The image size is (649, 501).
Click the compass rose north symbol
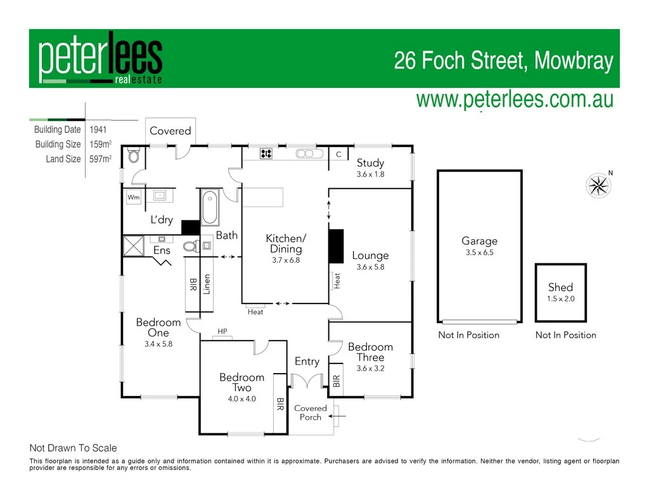(x=598, y=186)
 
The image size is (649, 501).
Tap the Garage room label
(x=479, y=241)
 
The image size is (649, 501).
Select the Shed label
(x=560, y=287)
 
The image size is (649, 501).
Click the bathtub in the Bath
(x=210, y=207)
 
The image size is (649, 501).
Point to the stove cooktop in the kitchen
(x=266, y=153)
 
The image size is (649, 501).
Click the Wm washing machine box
(x=134, y=198)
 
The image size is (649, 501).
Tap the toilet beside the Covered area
(x=134, y=155)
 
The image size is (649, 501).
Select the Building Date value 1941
(x=98, y=130)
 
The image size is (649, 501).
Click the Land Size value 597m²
(x=100, y=159)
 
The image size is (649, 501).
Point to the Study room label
(x=370, y=163)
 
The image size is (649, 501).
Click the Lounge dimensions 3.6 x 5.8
(x=370, y=267)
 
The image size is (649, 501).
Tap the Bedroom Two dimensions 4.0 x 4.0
(x=241, y=399)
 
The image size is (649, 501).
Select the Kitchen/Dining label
(x=285, y=243)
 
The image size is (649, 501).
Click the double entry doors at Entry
(x=307, y=380)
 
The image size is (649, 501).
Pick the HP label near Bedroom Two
(x=222, y=331)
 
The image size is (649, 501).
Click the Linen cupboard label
(x=207, y=284)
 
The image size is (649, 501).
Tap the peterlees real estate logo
(x=100, y=58)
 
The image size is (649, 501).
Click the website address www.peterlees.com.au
(x=514, y=99)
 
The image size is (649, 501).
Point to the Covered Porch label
(x=311, y=412)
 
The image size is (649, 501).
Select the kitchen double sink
(x=305, y=153)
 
